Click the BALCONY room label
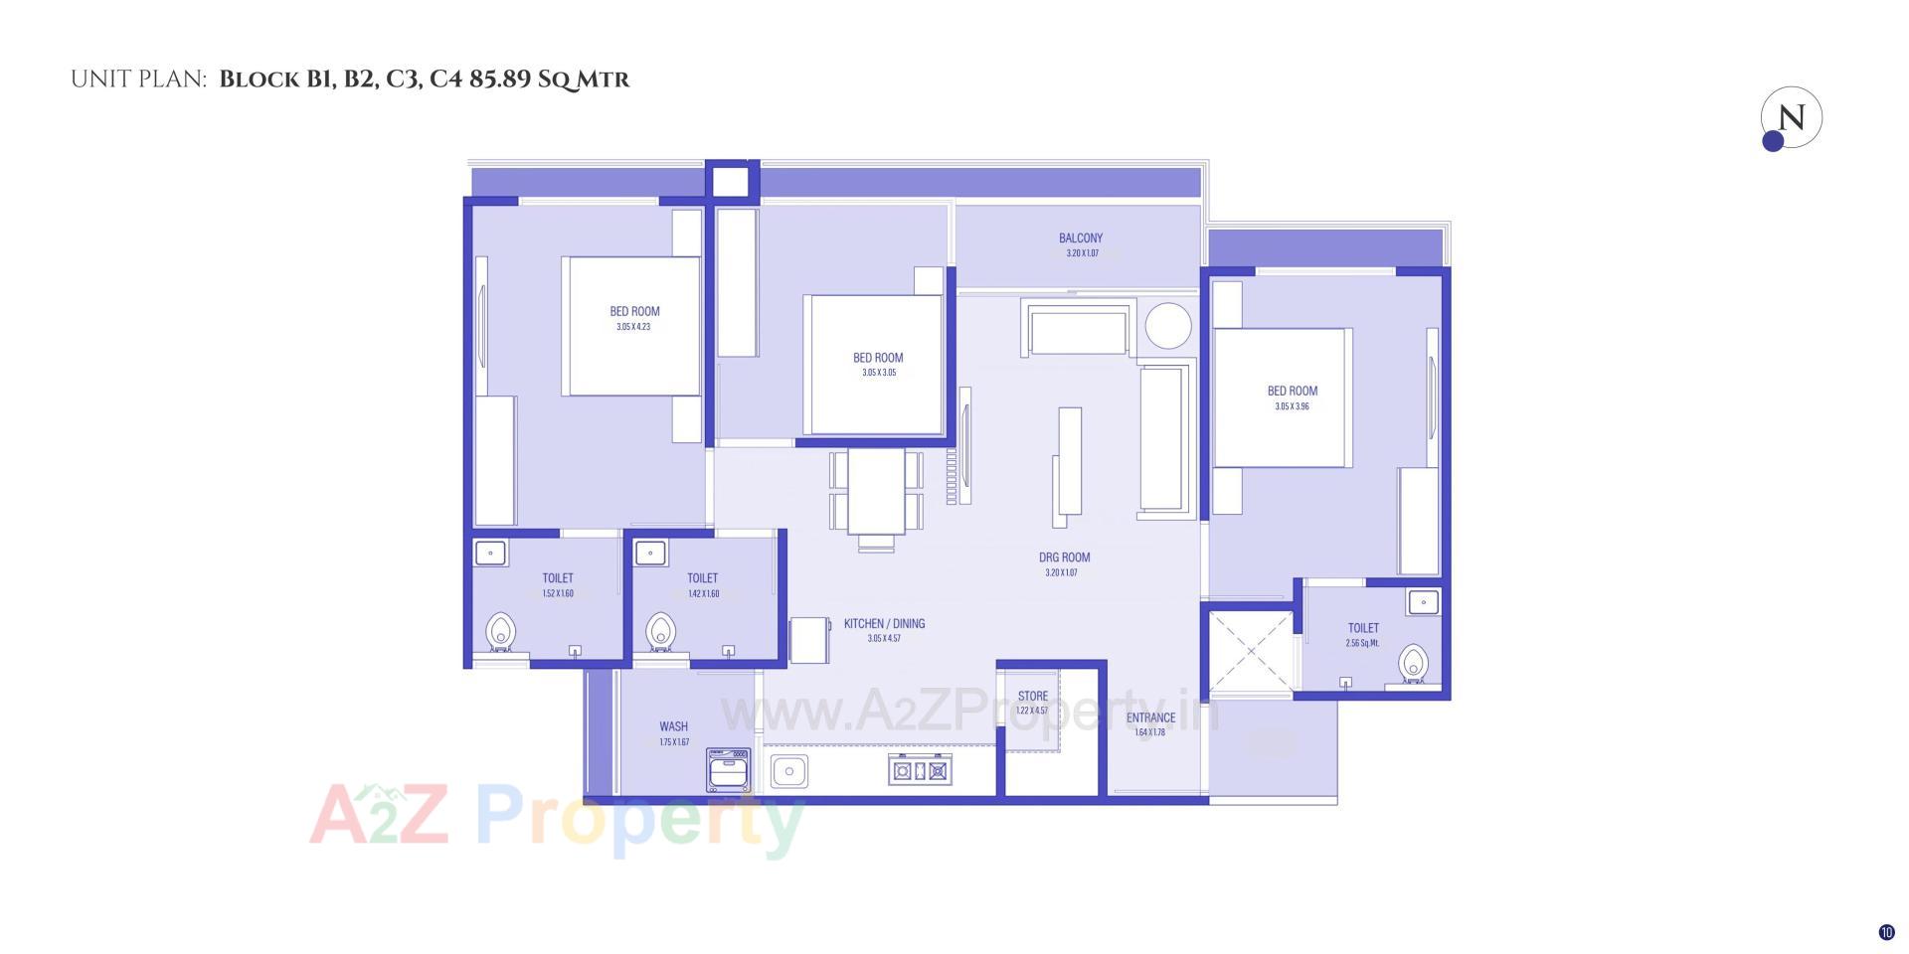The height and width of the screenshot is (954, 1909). point(1081,238)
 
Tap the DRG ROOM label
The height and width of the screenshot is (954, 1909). point(1064,557)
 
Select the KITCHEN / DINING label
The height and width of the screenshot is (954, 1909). point(884,624)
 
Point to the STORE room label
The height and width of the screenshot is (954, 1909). point(1032,697)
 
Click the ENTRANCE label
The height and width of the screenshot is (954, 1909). point(1150,717)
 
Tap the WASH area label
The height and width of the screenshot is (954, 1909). point(673,726)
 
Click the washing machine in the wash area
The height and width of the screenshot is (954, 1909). point(728,770)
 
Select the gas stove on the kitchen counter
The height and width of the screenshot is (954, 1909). point(920,770)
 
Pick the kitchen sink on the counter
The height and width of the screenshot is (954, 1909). point(789,770)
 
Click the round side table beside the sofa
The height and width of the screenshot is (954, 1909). point(1167,326)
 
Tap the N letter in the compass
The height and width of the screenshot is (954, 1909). point(1792,118)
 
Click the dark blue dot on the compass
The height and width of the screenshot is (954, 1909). point(1773,141)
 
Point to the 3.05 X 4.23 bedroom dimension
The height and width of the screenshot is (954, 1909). point(633,327)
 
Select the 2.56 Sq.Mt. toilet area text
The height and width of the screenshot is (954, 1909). point(1362,643)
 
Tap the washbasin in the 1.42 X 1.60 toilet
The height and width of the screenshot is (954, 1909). point(650,553)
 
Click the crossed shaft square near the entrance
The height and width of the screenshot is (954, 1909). point(1250,652)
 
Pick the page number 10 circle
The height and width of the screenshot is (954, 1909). point(1886,932)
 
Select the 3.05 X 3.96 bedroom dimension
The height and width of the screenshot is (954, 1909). point(1292,406)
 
